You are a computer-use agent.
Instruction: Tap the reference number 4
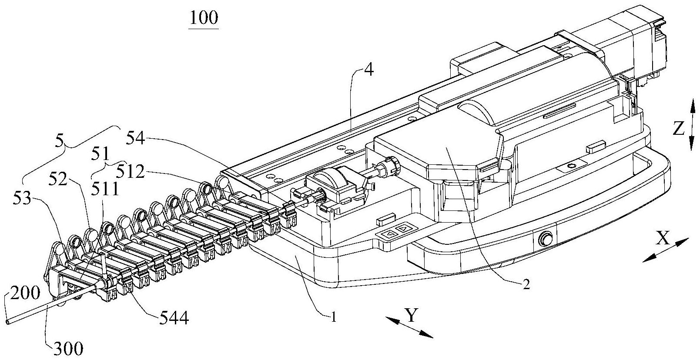click(x=368, y=70)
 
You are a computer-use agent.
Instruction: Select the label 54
click(x=137, y=140)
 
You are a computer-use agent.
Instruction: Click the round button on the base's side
click(x=544, y=239)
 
